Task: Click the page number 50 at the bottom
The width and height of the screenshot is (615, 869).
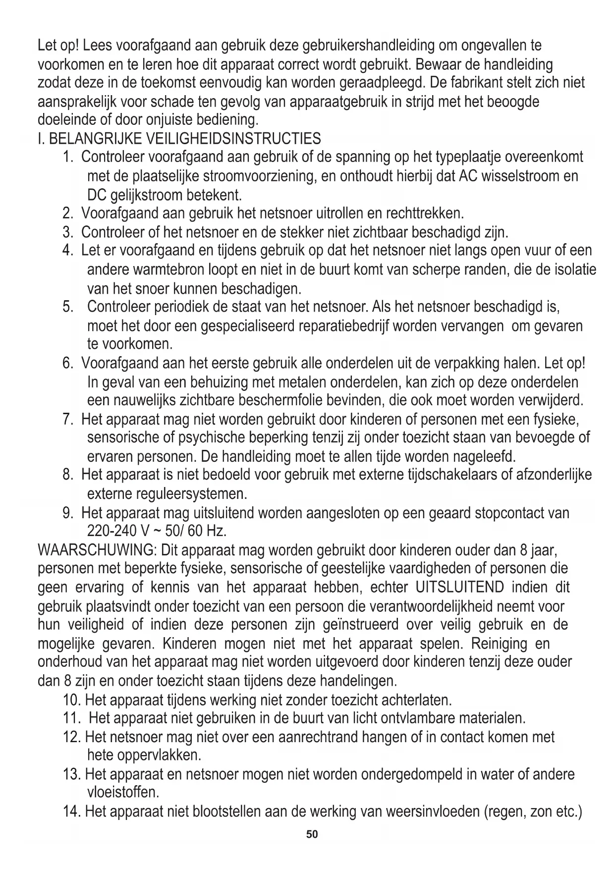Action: coord(312,834)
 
